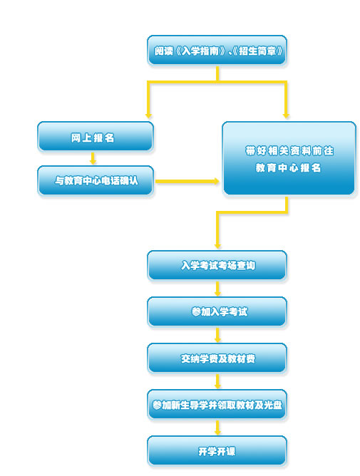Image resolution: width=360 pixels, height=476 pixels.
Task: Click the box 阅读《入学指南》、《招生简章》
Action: click(217, 50)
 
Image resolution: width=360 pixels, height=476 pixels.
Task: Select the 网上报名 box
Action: click(96, 137)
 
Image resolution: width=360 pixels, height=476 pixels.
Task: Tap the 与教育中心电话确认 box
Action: click(96, 180)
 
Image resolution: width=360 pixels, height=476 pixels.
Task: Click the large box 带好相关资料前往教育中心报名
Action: click(289, 158)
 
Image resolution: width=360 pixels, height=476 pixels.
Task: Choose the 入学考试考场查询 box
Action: click(217, 265)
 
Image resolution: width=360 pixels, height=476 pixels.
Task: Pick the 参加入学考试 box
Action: click(217, 312)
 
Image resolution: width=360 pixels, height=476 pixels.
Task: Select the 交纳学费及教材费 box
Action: click(217, 358)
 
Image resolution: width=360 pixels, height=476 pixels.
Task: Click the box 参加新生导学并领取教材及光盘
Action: click(217, 404)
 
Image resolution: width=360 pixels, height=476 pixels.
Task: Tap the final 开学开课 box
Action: click(217, 451)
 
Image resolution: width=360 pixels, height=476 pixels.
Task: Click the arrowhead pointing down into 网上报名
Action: click(148, 115)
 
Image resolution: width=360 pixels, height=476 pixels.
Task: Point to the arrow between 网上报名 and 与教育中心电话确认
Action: click(93, 158)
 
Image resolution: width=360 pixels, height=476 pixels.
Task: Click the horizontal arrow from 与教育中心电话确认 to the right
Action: click(187, 181)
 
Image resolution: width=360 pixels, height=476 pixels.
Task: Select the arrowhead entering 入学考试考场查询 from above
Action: click(217, 245)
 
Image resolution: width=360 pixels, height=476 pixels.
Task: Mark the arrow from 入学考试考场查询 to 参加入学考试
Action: click(217, 289)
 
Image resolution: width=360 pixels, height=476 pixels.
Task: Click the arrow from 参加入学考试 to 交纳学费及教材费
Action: click(217, 335)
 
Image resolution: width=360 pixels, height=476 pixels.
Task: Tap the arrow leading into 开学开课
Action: click(217, 428)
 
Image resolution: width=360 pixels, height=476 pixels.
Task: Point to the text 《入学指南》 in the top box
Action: click(200, 51)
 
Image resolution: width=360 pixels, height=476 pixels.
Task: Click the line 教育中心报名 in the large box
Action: click(288, 167)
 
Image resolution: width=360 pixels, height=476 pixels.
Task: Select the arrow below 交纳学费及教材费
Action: click(217, 381)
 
